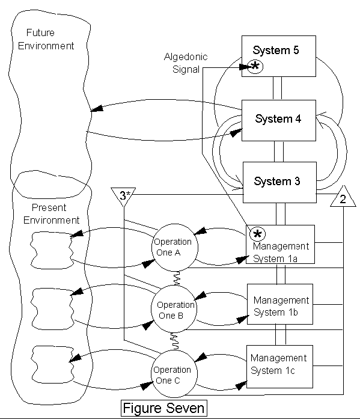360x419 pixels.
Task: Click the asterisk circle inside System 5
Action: click(x=255, y=66)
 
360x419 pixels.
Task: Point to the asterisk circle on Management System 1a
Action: click(x=257, y=234)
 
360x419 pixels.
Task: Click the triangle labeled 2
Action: click(x=343, y=197)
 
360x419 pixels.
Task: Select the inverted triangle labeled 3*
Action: click(x=123, y=197)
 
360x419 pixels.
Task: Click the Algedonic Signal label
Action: click(x=186, y=63)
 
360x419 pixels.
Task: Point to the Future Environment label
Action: click(x=46, y=39)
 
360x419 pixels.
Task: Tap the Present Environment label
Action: click(x=51, y=214)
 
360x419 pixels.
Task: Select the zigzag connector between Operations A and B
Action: click(x=177, y=278)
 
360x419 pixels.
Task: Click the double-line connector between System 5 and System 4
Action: click(x=277, y=88)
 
